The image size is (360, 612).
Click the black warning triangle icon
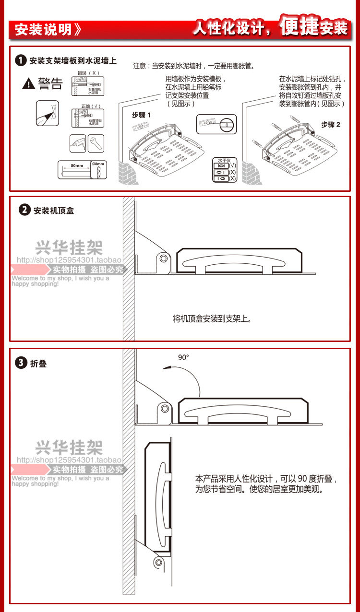coord(29,84)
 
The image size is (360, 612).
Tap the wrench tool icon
coord(96,142)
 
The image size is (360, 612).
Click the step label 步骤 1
coord(142,115)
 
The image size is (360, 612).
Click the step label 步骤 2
coord(331,124)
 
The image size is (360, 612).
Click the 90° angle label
coord(183,357)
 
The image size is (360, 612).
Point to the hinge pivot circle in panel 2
coord(164,259)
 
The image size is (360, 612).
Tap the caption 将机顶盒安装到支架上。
coord(212,318)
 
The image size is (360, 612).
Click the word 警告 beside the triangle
coord(51,84)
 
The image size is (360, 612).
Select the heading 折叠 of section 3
coord(38,364)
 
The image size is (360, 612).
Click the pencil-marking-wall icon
coord(47,113)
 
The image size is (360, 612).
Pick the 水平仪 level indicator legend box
coord(224,170)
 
